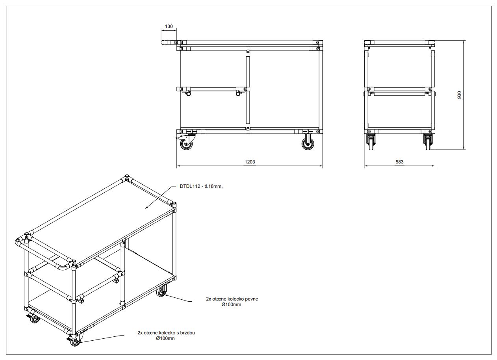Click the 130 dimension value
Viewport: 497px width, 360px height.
coord(169,26)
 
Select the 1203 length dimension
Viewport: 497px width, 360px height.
coord(250,162)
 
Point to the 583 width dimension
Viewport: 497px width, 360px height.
coord(399,162)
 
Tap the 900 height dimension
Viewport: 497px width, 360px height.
coord(460,95)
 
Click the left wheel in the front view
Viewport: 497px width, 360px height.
coord(187,144)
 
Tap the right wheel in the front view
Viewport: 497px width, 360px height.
coord(308,144)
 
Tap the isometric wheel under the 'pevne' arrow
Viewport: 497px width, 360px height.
coord(161,292)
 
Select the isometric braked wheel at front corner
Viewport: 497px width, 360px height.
coord(74,341)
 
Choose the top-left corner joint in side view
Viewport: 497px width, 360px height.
coord(368,43)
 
